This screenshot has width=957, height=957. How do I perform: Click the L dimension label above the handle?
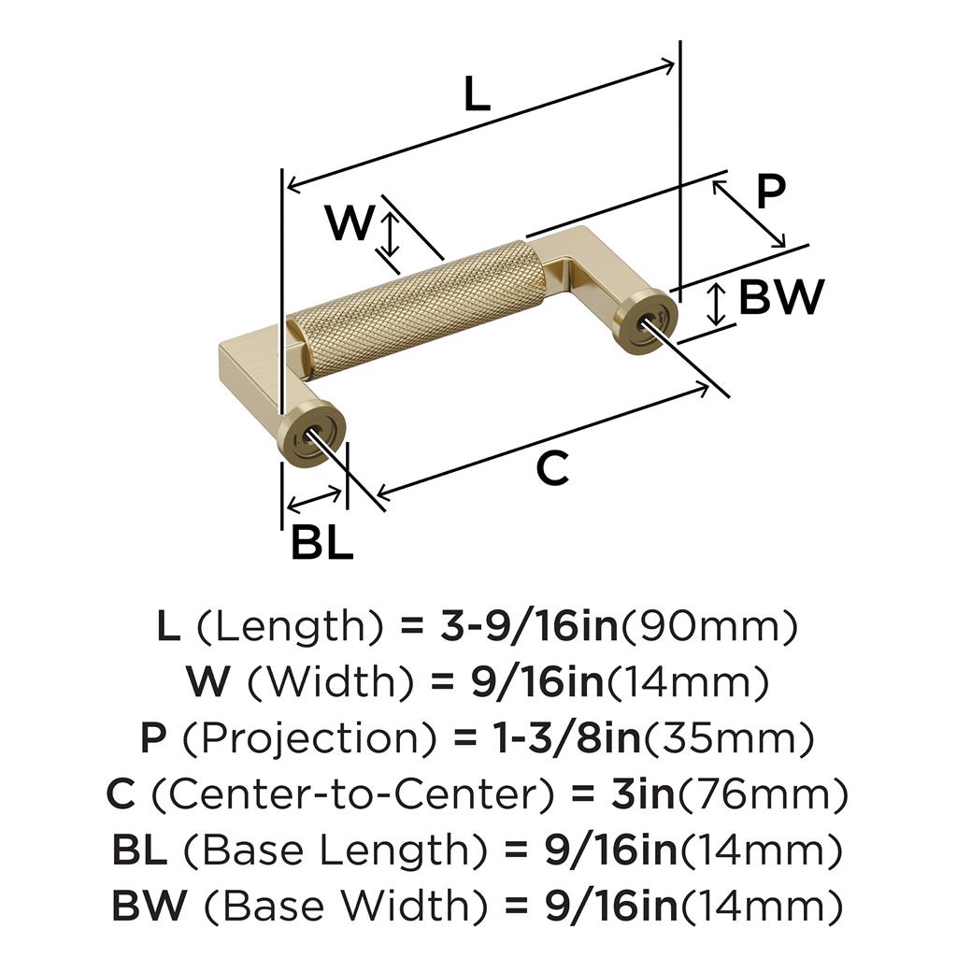(477, 94)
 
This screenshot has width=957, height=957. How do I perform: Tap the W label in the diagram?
(350, 222)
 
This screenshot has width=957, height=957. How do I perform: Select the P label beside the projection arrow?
(770, 193)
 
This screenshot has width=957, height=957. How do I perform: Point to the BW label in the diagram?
(781, 297)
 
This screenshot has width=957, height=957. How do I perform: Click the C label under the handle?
(552, 469)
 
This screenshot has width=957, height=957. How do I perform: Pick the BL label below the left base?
(321, 543)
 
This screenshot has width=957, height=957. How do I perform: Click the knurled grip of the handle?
(416, 308)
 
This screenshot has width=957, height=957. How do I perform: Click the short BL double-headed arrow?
(314, 500)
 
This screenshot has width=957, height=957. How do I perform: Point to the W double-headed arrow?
(390, 234)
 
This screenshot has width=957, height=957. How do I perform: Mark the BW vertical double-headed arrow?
(716, 305)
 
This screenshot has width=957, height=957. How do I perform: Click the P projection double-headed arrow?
(749, 214)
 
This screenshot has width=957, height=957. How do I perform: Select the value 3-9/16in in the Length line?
(529, 627)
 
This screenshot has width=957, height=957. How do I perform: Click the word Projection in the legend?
(309, 739)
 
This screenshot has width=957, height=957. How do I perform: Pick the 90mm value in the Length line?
(709, 627)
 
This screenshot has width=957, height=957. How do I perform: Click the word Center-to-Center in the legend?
(352, 794)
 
